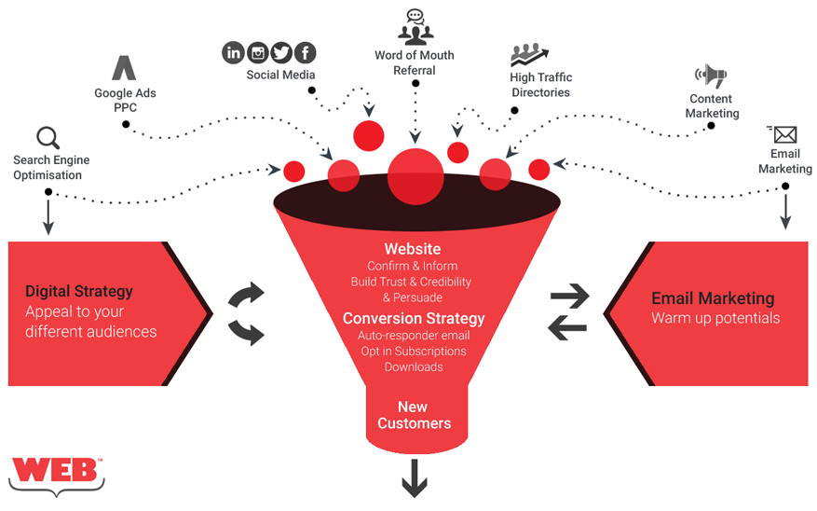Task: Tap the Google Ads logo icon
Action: [124, 68]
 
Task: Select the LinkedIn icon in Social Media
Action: [233, 53]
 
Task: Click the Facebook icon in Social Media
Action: [305, 53]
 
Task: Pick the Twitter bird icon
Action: [280, 53]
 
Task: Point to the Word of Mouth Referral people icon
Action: [415, 27]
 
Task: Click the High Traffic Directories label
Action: [540, 85]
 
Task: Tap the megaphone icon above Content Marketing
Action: [710, 76]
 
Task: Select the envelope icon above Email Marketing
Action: [783, 134]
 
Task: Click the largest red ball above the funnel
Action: [415, 173]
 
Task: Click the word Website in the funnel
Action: [413, 249]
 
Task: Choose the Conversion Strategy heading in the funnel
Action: [414, 318]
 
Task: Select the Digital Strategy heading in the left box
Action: [79, 291]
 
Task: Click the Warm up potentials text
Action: [715, 318]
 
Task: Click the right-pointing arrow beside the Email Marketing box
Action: [569, 297]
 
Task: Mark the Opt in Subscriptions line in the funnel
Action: [414, 351]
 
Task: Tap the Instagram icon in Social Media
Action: [257, 53]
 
